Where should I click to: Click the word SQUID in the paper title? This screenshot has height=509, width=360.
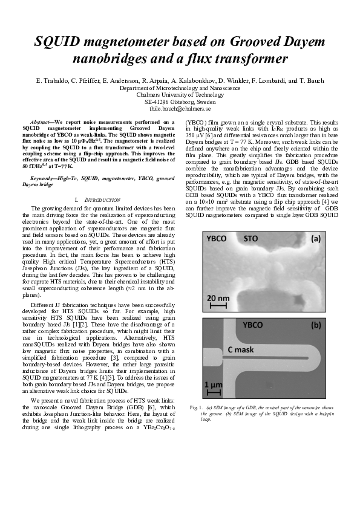[57, 42]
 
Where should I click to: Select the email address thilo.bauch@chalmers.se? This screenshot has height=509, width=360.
[180, 109]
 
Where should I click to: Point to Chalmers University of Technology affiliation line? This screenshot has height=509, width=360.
[180, 95]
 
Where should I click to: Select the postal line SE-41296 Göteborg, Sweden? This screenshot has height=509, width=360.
[180, 102]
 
